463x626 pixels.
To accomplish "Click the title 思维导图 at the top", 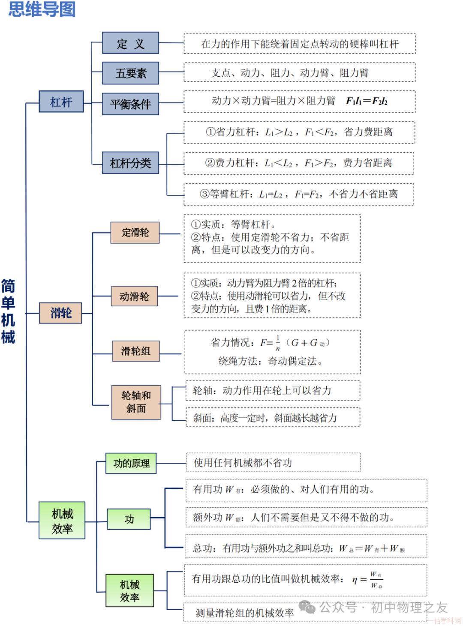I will [x=42, y=9].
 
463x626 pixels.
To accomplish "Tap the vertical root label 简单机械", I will [x=8, y=312].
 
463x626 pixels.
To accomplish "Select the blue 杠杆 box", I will [x=61, y=102].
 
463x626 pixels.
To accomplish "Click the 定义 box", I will [x=130, y=43].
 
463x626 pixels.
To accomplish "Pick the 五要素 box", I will [x=130, y=73].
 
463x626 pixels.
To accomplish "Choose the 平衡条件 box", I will [x=130, y=104].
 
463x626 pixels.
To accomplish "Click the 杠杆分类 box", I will [x=130, y=163].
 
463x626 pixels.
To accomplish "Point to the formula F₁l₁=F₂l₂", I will [x=367, y=101].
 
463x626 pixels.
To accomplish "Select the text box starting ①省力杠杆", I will [x=299, y=132].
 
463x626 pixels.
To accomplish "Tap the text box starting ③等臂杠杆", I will [x=299, y=194].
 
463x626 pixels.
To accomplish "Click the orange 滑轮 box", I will [x=60, y=312].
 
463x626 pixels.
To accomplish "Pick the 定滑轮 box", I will [x=135, y=233].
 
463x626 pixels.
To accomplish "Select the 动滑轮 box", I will [x=134, y=296].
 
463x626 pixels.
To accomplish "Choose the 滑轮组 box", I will [x=136, y=351].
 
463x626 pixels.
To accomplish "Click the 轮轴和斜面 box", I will [x=136, y=402].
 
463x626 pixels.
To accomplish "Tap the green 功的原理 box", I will [x=131, y=463].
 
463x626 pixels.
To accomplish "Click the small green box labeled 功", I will [x=129, y=519].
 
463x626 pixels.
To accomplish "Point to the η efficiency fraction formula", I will [x=368, y=580].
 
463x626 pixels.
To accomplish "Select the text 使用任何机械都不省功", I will [x=243, y=463].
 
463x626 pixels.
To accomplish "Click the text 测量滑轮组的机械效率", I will [x=245, y=613].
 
